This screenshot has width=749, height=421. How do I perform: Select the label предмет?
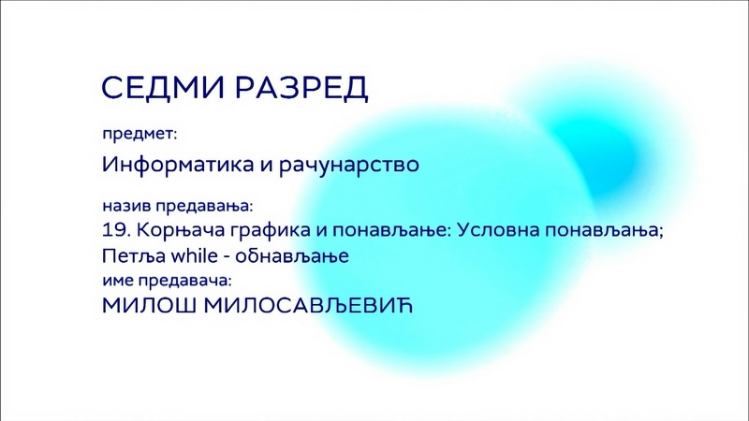[x=140, y=135]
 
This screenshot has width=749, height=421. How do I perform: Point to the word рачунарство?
[x=349, y=166]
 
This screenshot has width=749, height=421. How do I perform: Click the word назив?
[x=127, y=206]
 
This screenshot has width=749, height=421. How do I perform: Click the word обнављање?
[x=292, y=256]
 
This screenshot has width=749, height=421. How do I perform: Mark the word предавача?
[x=184, y=280]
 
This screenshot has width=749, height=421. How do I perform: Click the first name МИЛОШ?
[x=149, y=306]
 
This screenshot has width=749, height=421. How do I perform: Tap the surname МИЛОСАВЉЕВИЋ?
[x=308, y=306]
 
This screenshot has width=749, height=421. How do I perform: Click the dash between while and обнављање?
[x=227, y=258]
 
